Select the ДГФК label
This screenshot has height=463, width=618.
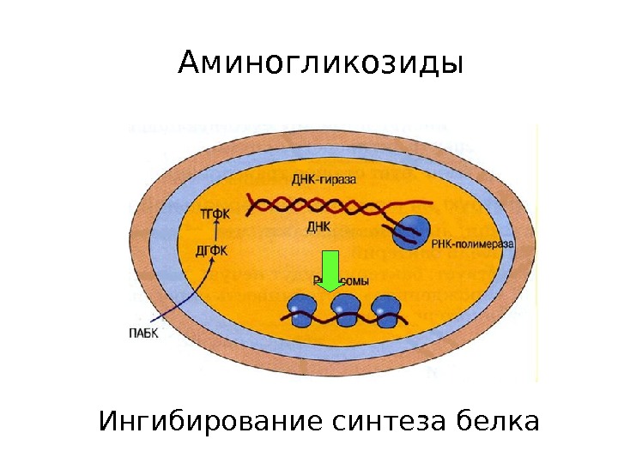211,250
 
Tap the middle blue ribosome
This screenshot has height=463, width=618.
344,306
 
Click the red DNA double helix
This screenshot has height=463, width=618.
318,205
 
